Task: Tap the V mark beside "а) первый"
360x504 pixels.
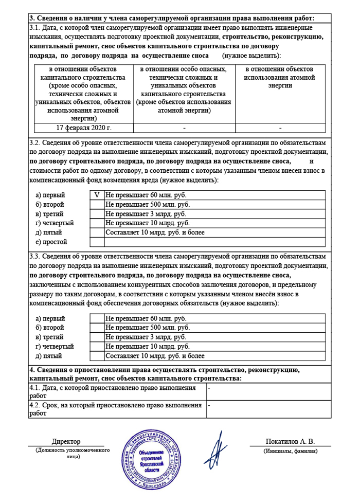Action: pyautogui.click(x=97, y=195)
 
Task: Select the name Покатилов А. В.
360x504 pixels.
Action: pyautogui.click(x=290, y=441)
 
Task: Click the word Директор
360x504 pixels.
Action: pyautogui.click(x=66, y=441)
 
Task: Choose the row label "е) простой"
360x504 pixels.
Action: pyautogui.click(x=51, y=242)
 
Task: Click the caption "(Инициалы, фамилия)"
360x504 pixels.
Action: pyautogui.click(x=290, y=451)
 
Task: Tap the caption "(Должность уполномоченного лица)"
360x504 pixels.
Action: pyautogui.click(x=66, y=453)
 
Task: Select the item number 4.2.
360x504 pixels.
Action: pyautogui.click(x=35, y=405)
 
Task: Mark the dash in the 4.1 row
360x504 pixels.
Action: pyautogui.click(x=209, y=387)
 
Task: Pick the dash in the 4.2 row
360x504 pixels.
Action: pyautogui.click(x=209, y=405)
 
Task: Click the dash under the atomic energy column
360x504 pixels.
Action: pyautogui.click(x=280, y=127)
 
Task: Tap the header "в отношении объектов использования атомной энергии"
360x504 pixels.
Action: pyautogui.click(x=280, y=77)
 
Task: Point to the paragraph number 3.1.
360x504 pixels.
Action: pyautogui.click(x=35, y=27)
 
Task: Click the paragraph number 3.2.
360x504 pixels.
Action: pyautogui.click(x=35, y=143)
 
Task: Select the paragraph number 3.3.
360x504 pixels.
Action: pyautogui.click(x=35, y=256)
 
